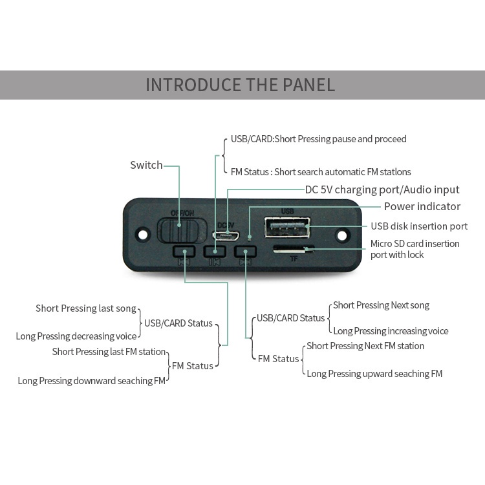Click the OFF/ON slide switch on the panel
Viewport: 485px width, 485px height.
point(182,231)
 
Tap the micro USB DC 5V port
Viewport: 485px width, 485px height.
point(226,236)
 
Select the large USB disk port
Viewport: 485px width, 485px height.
point(287,228)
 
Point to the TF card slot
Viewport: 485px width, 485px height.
point(293,249)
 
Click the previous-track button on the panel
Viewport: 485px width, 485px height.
point(184,252)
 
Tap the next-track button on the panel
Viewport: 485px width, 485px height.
point(245,252)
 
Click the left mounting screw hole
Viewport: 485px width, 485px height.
point(143,235)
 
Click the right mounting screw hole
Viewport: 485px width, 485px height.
point(342,235)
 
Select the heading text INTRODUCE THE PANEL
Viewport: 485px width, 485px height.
point(241,85)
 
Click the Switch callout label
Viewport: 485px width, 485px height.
point(146,165)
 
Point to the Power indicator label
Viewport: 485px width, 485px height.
point(422,206)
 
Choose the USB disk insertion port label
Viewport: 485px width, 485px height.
point(419,226)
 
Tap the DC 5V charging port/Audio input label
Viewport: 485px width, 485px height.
point(382,189)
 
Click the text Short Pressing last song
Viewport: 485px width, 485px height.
point(86,308)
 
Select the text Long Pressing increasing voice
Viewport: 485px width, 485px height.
point(391,331)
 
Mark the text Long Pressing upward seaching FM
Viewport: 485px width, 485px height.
point(374,374)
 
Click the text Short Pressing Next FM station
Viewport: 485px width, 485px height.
point(365,346)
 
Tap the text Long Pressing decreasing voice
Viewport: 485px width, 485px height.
point(76,336)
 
